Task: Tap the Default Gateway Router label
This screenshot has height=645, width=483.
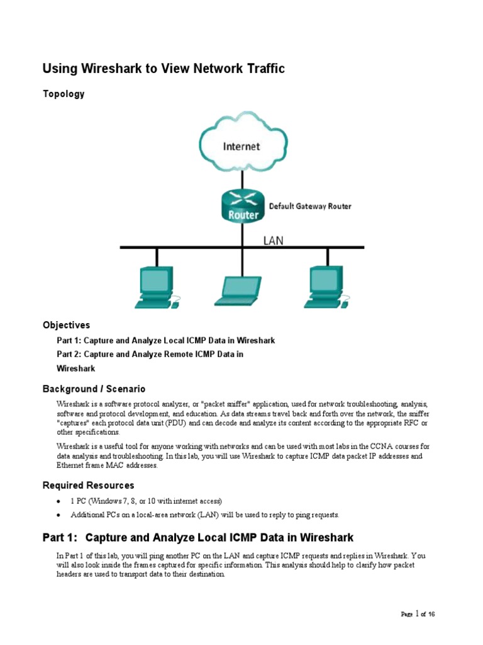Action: point(310,206)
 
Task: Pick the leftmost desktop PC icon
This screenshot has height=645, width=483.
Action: point(155,287)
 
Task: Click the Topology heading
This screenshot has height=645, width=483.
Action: point(64,94)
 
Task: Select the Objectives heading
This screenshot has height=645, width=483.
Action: point(66,325)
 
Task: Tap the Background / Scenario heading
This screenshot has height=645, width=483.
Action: point(94,389)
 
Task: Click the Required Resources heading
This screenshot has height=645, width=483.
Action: point(88,485)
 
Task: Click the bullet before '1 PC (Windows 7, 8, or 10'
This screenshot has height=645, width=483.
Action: point(58,501)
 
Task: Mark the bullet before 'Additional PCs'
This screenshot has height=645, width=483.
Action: point(58,515)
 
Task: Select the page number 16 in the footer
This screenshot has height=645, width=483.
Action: point(431,614)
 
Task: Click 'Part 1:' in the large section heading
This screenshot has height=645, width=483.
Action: point(60,537)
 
